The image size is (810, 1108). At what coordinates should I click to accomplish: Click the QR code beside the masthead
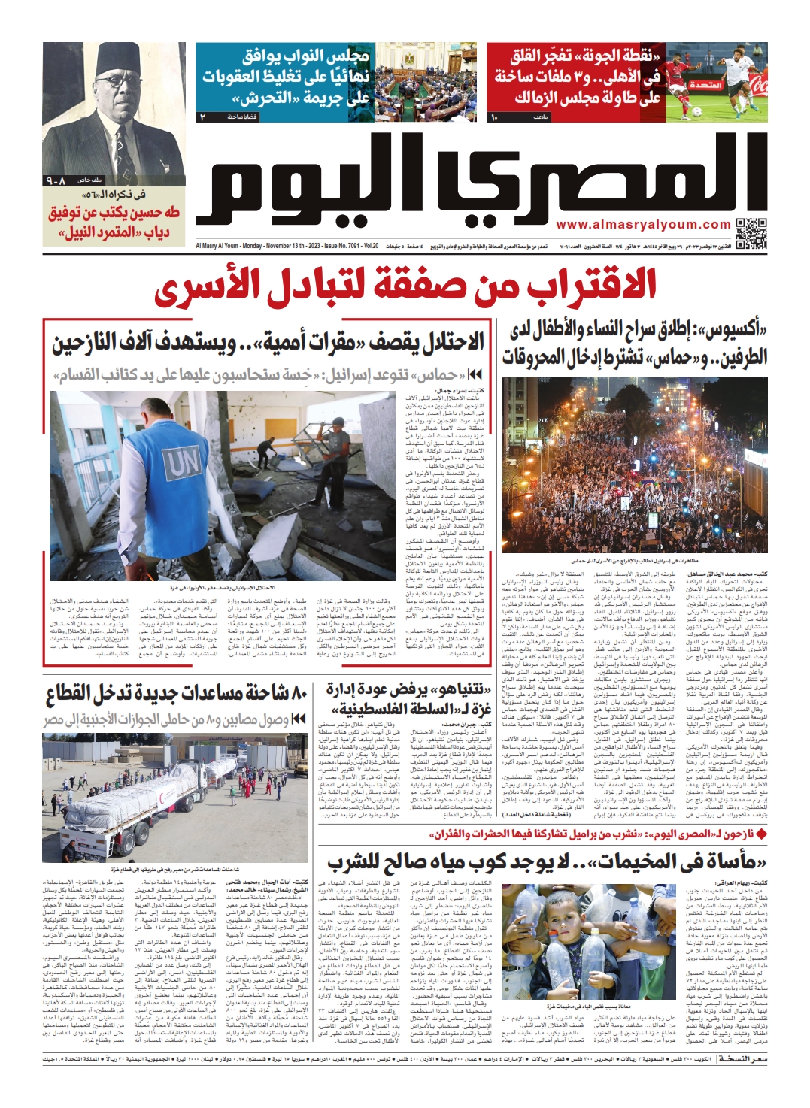(x=751, y=233)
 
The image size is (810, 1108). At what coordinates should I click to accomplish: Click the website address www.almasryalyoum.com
(x=643, y=224)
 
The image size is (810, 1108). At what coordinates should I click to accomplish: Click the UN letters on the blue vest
(x=182, y=464)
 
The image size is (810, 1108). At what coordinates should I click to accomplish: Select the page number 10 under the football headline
(x=493, y=117)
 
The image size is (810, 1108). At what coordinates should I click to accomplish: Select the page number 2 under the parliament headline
(x=202, y=117)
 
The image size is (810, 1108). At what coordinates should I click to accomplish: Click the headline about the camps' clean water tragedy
(x=547, y=861)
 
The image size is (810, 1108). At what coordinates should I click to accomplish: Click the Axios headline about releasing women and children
(x=636, y=343)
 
